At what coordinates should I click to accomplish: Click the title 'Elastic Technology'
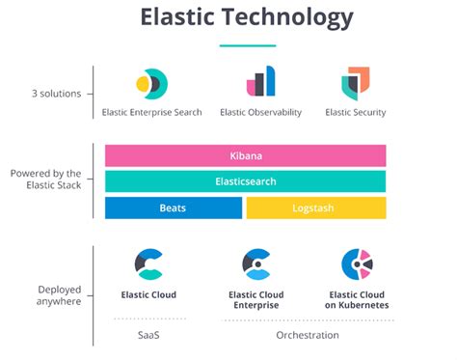point(247,17)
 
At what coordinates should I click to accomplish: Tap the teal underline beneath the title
point(248,45)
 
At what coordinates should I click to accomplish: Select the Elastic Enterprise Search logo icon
point(152,84)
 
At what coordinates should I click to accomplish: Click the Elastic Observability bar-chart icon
point(261,81)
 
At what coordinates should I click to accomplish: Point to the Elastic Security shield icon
point(356,84)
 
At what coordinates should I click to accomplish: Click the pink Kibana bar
point(246,155)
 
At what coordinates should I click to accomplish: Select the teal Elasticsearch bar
point(246,181)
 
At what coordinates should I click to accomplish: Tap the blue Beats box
point(174,208)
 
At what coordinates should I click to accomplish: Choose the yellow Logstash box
point(316,208)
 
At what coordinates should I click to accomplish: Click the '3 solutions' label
point(57,94)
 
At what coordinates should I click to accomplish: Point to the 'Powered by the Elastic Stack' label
point(46,180)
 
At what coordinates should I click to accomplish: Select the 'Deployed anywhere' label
point(59,295)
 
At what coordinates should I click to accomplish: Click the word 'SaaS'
point(148,335)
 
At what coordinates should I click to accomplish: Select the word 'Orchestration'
point(308,335)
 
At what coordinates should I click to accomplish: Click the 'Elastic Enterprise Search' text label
point(152,112)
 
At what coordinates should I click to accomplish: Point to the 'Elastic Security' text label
point(356,112)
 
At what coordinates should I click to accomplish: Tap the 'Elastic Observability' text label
point(261,112)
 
